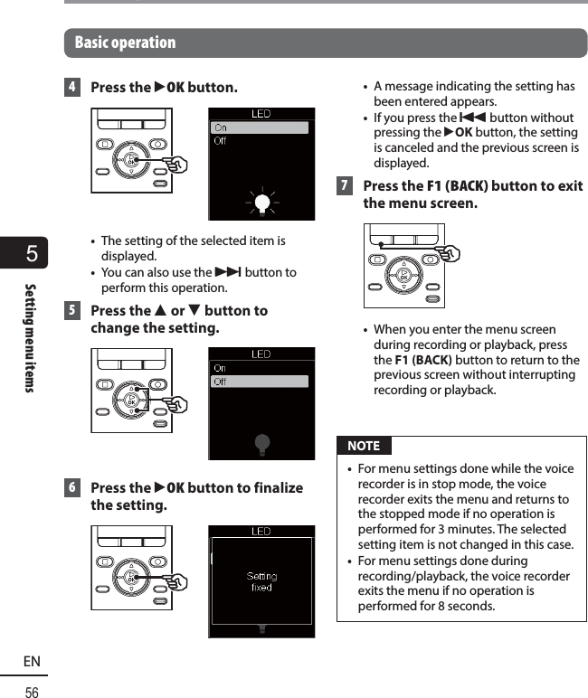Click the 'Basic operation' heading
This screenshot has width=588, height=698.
tap(125, 42)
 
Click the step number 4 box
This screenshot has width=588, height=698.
tap(71, 88)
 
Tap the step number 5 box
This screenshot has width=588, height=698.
tap(71, 310)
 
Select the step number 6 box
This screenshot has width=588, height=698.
tap(71, 487)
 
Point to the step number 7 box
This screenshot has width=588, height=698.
tap(345, 186)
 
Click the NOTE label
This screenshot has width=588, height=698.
tap(364, 446)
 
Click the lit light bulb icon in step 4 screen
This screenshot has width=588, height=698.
tap(261, 203)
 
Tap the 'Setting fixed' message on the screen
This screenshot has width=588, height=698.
tap(261, 581)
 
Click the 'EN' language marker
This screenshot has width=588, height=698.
tap(32, 662)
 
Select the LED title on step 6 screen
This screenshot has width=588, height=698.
tap(261, 531)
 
